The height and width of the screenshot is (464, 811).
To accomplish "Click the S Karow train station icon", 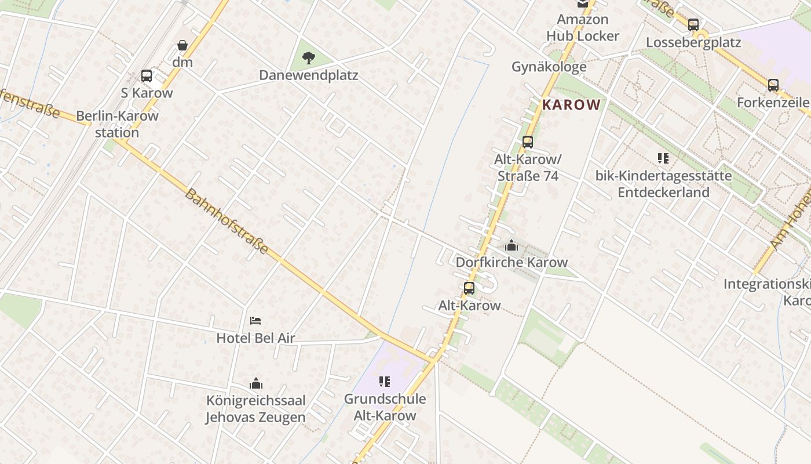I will tap(147, 76).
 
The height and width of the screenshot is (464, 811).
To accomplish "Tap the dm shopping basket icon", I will tap(182, 45).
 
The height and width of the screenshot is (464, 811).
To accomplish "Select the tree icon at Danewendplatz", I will tap(309, 57).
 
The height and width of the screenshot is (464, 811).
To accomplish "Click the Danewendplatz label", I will tap(308, 75).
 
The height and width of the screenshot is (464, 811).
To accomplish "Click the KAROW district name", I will tap(571, 105).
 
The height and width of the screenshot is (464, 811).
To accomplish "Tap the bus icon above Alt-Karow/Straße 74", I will tap(527, 142).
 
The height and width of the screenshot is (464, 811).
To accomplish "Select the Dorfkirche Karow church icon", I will tap(512, 245).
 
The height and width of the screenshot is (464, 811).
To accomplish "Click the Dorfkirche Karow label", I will tap(512, 262).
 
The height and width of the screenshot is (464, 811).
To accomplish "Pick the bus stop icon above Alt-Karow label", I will tap(469, 288).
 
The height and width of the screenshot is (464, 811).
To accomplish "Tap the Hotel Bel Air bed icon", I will tap(255, 321).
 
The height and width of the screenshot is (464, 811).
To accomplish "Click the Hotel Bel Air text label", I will tap(255, 338).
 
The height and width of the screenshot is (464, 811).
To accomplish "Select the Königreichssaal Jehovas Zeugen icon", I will tap(255, 383).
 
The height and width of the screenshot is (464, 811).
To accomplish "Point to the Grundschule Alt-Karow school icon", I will tap(385, 382).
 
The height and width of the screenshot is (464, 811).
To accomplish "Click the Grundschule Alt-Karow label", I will tap(385, 407).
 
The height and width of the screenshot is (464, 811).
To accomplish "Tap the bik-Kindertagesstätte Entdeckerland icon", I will tap(663, 158).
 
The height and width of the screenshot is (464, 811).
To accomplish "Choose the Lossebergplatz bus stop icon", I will tap(693, 25).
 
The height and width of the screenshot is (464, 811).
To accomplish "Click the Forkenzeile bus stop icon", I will tap(773, 85).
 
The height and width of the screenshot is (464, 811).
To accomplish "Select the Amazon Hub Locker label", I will tap(583, 27).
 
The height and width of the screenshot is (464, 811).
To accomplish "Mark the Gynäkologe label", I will tap(549, 67).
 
